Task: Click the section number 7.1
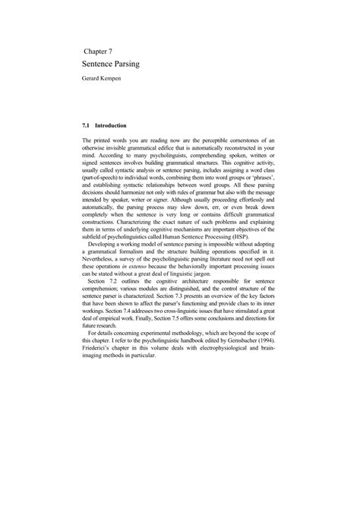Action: [x=86, y=124]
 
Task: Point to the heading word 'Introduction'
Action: [x=111, y=124]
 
